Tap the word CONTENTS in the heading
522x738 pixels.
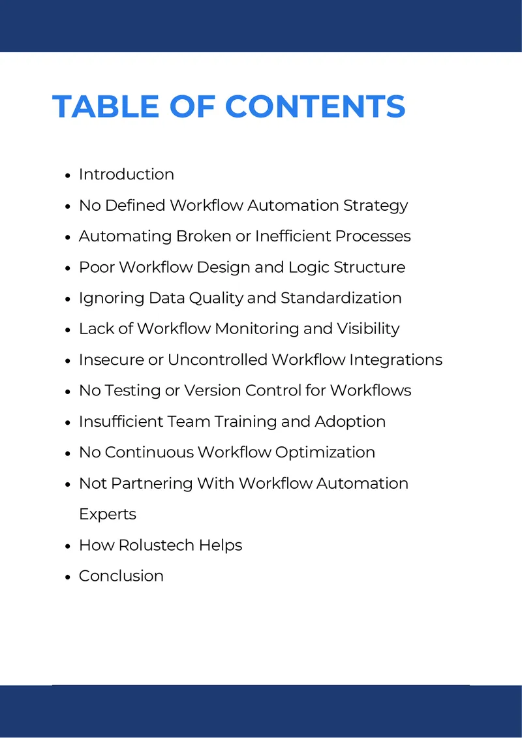pos(315,106)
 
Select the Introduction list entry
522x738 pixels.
pos(126,174)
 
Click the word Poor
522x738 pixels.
pos(97,267)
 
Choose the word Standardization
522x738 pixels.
pos(341,298)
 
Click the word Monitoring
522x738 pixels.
pos(257,329)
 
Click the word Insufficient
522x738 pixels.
pos(120,422)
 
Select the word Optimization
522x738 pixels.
pos(325,453)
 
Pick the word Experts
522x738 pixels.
pos(107,514)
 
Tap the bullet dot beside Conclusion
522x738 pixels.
pos(69,577)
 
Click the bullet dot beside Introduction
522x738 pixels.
pos(69,175)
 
